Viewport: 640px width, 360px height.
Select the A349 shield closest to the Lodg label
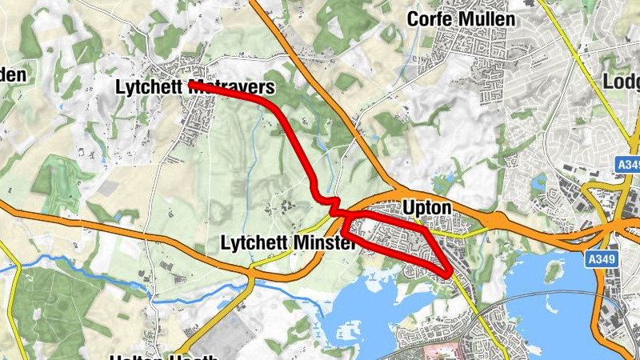tap(628, 165)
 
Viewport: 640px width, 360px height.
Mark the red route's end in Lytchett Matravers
tap(192, 84)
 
